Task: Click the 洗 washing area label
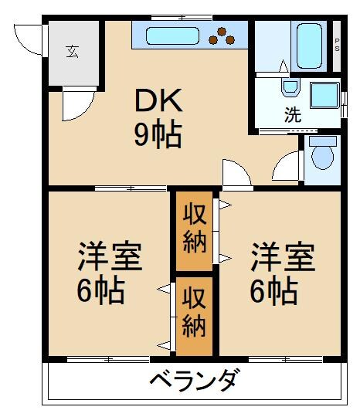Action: (x=294, y=116)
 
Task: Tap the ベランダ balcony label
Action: (x=193, y=381)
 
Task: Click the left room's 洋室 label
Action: (x=110, y=256)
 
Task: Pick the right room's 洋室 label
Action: (x=283, y=256)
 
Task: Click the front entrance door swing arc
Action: (x=29, y=39)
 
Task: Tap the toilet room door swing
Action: (x=287, y=165)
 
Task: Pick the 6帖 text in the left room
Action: (x=100, y=291)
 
